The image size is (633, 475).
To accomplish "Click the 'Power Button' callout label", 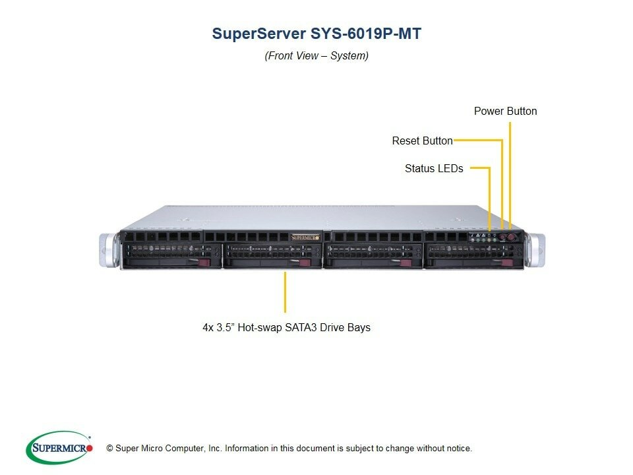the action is tap(505, 111).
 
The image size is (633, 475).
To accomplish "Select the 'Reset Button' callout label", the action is tap(422, 141).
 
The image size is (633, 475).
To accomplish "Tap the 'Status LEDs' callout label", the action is tap(434, 168).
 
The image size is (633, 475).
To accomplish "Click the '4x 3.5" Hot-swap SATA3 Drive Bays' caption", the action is tap(286, 327).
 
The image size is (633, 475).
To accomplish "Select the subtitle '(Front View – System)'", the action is tap(316, 55).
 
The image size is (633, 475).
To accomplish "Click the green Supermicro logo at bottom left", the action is tap(59, 448).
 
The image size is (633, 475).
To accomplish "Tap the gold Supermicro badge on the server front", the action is tap(305, 237).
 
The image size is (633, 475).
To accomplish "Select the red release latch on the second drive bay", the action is tap(305, 263).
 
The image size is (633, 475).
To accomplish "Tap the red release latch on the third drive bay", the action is tap(407, 263).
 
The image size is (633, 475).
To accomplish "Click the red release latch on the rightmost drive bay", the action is tap(507, 263).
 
